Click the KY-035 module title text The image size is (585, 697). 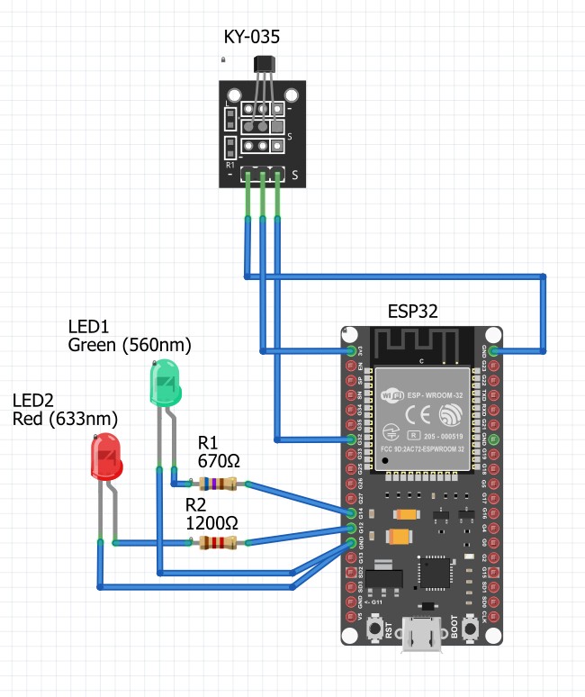pos(251,37)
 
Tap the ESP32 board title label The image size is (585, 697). pos(413,312)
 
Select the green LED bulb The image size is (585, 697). pos(165,382)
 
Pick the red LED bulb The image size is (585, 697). pos(106,457)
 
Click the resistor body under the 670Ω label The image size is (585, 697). pos(220,485)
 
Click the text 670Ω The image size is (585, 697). pos(219,461)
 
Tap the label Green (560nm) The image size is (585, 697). pos(130,345)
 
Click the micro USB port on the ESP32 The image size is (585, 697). pos(420,634)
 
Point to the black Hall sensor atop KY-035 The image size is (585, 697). pos(263,65)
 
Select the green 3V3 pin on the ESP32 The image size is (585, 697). pos(351,348)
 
